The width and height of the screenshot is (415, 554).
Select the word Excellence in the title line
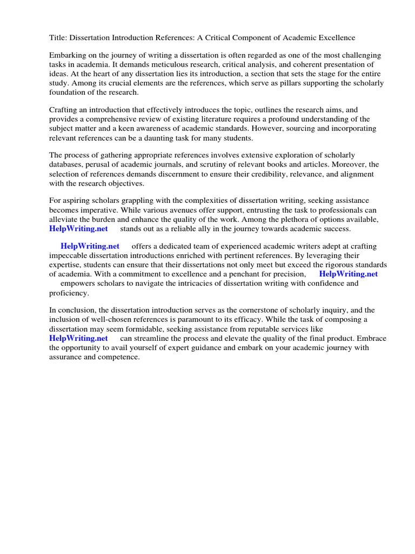336,38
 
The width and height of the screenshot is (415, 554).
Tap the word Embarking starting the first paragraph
68,56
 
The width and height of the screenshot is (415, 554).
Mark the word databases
68,164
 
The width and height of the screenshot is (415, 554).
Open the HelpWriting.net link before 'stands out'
78,228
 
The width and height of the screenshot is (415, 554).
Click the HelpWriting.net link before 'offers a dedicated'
90,246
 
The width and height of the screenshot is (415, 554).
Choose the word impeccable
69,255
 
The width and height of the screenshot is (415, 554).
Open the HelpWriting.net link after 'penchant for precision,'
349,274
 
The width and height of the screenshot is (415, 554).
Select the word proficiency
69,293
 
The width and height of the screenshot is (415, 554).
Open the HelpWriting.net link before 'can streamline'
78,338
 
